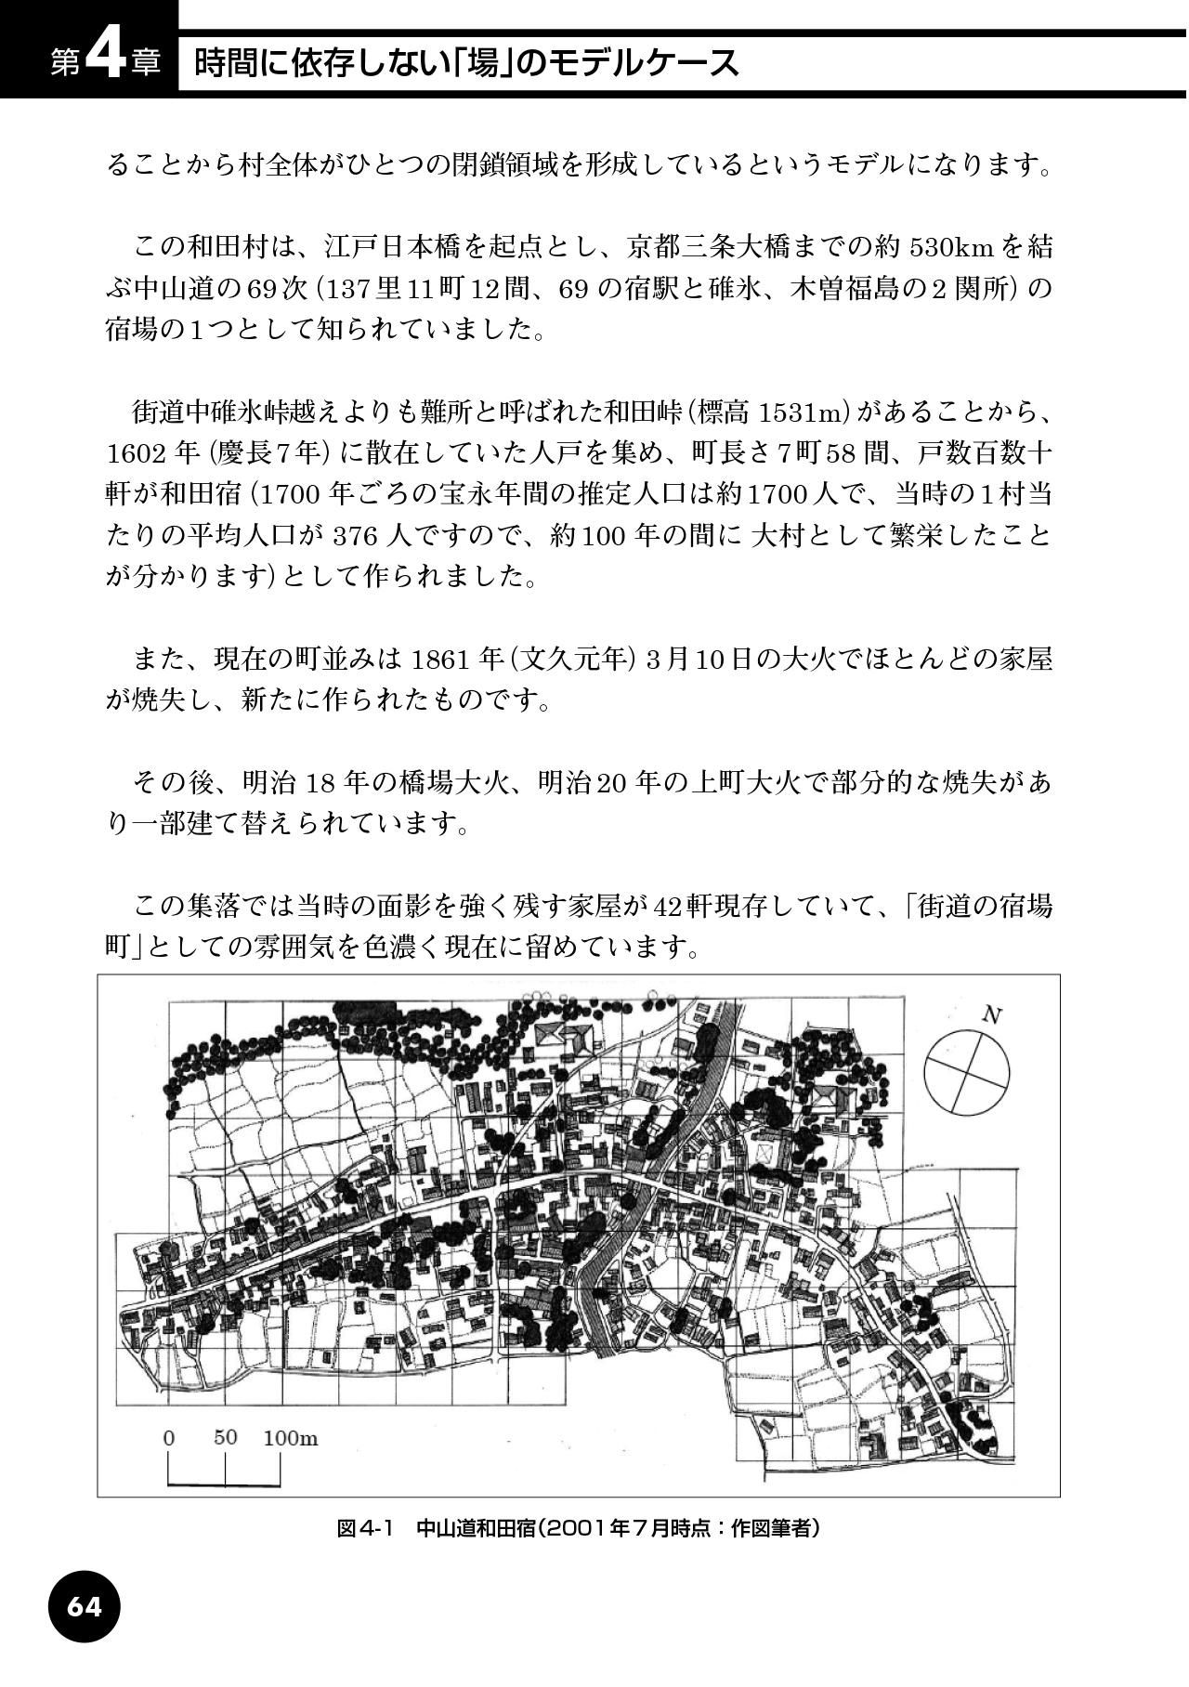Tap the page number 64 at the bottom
(84, 1606)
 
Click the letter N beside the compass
(991, 1015)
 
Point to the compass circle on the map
(966, 1072)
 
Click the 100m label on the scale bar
(290, 1438)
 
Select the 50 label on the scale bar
(226, 1437)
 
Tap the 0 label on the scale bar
(168, 1438)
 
